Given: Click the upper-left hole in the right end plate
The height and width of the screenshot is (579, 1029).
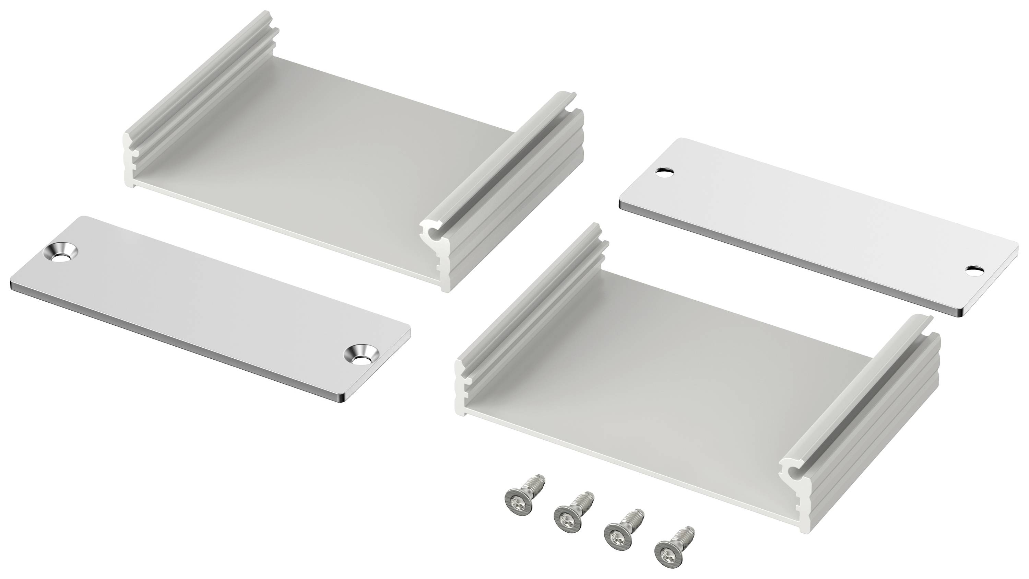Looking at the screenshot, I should (x=664, y=173).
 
